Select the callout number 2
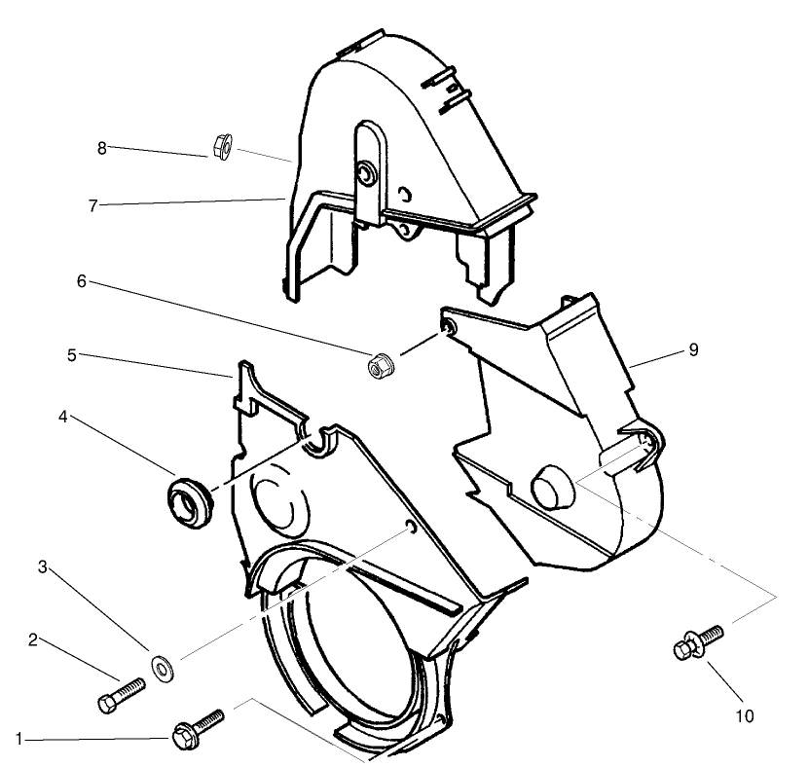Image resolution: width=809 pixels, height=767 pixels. [33, 639]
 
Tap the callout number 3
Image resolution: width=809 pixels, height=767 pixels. [42, 566]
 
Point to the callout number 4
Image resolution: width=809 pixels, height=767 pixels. [62, 416]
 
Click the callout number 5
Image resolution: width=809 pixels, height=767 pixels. [72, 355]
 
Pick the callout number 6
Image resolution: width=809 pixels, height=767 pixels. [82, 280]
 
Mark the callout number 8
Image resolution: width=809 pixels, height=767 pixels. [101, 148]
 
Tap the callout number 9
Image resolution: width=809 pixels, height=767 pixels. [693, 349]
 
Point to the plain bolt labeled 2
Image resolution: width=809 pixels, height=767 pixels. [119, 694]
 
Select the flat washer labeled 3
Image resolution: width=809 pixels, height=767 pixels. [160, 666]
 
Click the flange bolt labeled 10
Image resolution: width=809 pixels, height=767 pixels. [695, 643]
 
